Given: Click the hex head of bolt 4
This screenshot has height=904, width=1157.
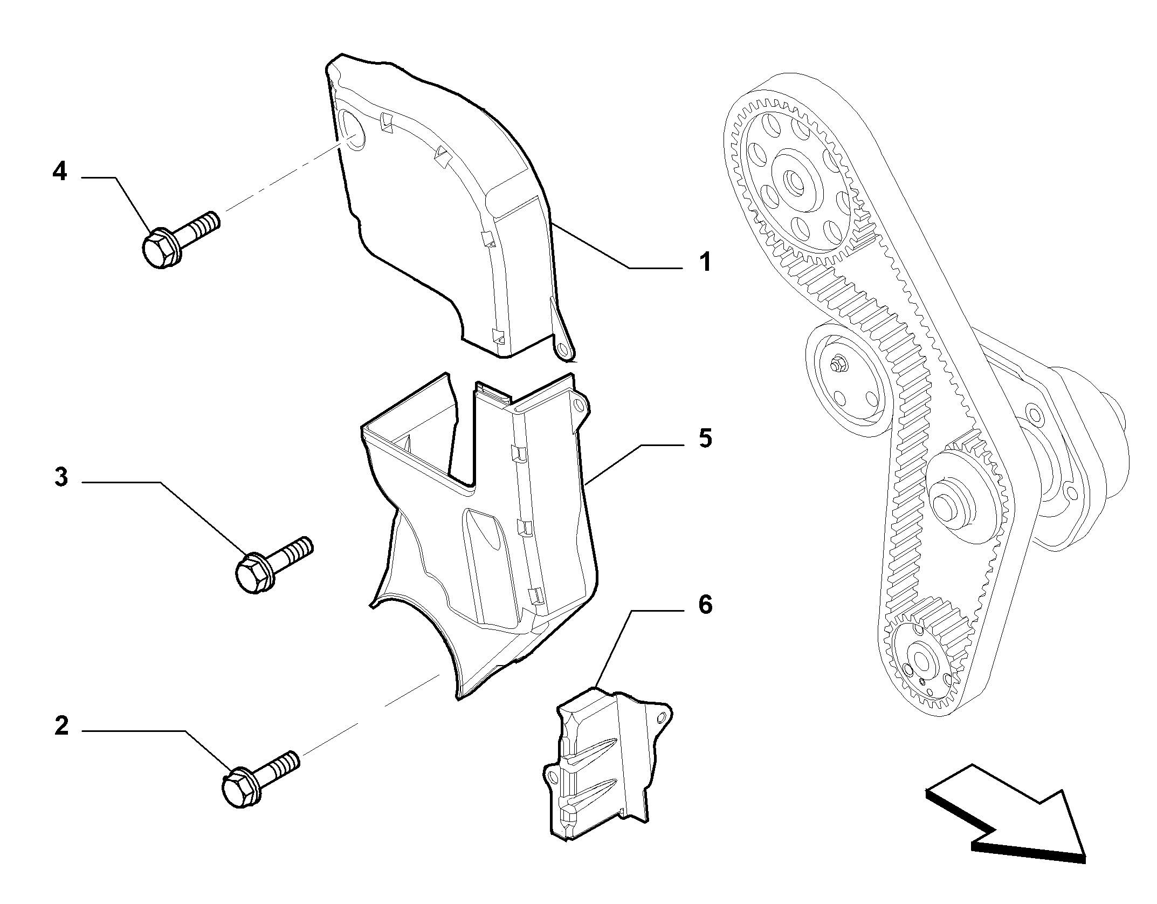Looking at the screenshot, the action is [160, 249].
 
